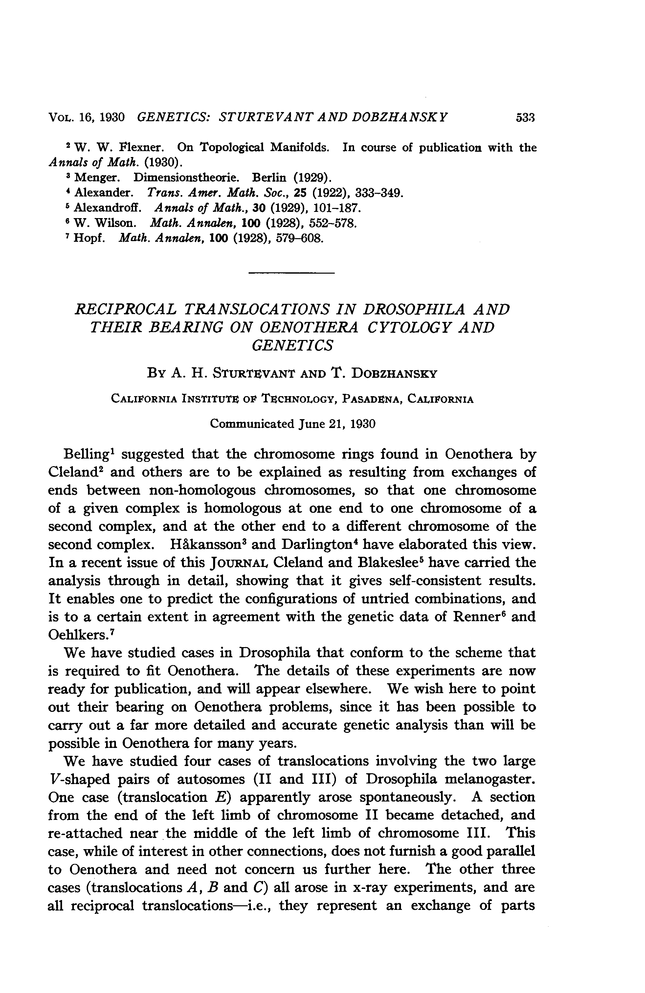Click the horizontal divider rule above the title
click(291, 273)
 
